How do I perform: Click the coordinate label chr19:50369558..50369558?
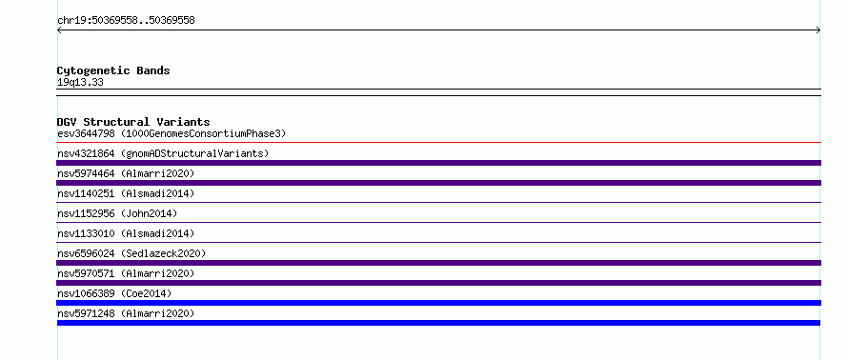pos(126,21)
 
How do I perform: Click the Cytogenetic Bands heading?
pos(113,70)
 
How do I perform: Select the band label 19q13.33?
pos(80,83)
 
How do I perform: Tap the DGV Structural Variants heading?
pos(133,122)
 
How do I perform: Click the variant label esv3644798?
pos(86,133)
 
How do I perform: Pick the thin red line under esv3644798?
pos(438,142)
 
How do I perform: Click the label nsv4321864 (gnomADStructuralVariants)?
pos(163,153)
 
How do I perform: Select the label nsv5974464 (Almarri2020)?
pos(126,173)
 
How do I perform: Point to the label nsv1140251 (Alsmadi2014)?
pos(126,193)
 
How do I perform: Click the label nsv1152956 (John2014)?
pos(117,213)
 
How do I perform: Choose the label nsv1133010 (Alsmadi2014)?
pos(126,233)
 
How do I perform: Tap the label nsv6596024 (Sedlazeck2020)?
pos(131,253)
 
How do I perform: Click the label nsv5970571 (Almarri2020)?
pos(126,273)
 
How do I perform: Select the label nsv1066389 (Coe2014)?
pos(114,293)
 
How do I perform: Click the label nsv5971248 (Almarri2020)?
pos(126,313)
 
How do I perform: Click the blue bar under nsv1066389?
pos(438,303)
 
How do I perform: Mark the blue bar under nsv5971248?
pos(438,323)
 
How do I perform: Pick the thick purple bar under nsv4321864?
pos(438,163)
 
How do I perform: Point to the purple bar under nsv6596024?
pos(438,263)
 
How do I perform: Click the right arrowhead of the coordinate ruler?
pos(819,30)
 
